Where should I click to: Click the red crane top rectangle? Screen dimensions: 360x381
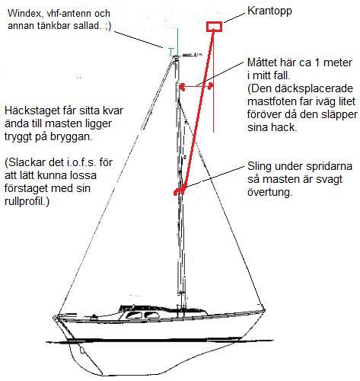pos(214,27)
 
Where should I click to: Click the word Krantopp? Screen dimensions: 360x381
pos(269,11)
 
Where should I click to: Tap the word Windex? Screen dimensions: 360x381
pos(24,13)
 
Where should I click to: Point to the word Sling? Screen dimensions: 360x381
pos(260,167)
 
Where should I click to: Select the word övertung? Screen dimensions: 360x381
pos(269,192)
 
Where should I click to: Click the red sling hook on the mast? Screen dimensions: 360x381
pos(180,191)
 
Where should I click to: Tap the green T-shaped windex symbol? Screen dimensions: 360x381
pos(171,52)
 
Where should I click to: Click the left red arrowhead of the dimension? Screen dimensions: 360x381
pos(182,87)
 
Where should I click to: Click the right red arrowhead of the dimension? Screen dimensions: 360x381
pos(210,87)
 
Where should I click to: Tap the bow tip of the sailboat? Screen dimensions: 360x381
pos(264,310)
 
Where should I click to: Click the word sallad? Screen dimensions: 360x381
pos(88,26)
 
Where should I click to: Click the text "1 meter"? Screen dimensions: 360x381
pos(333,62)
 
